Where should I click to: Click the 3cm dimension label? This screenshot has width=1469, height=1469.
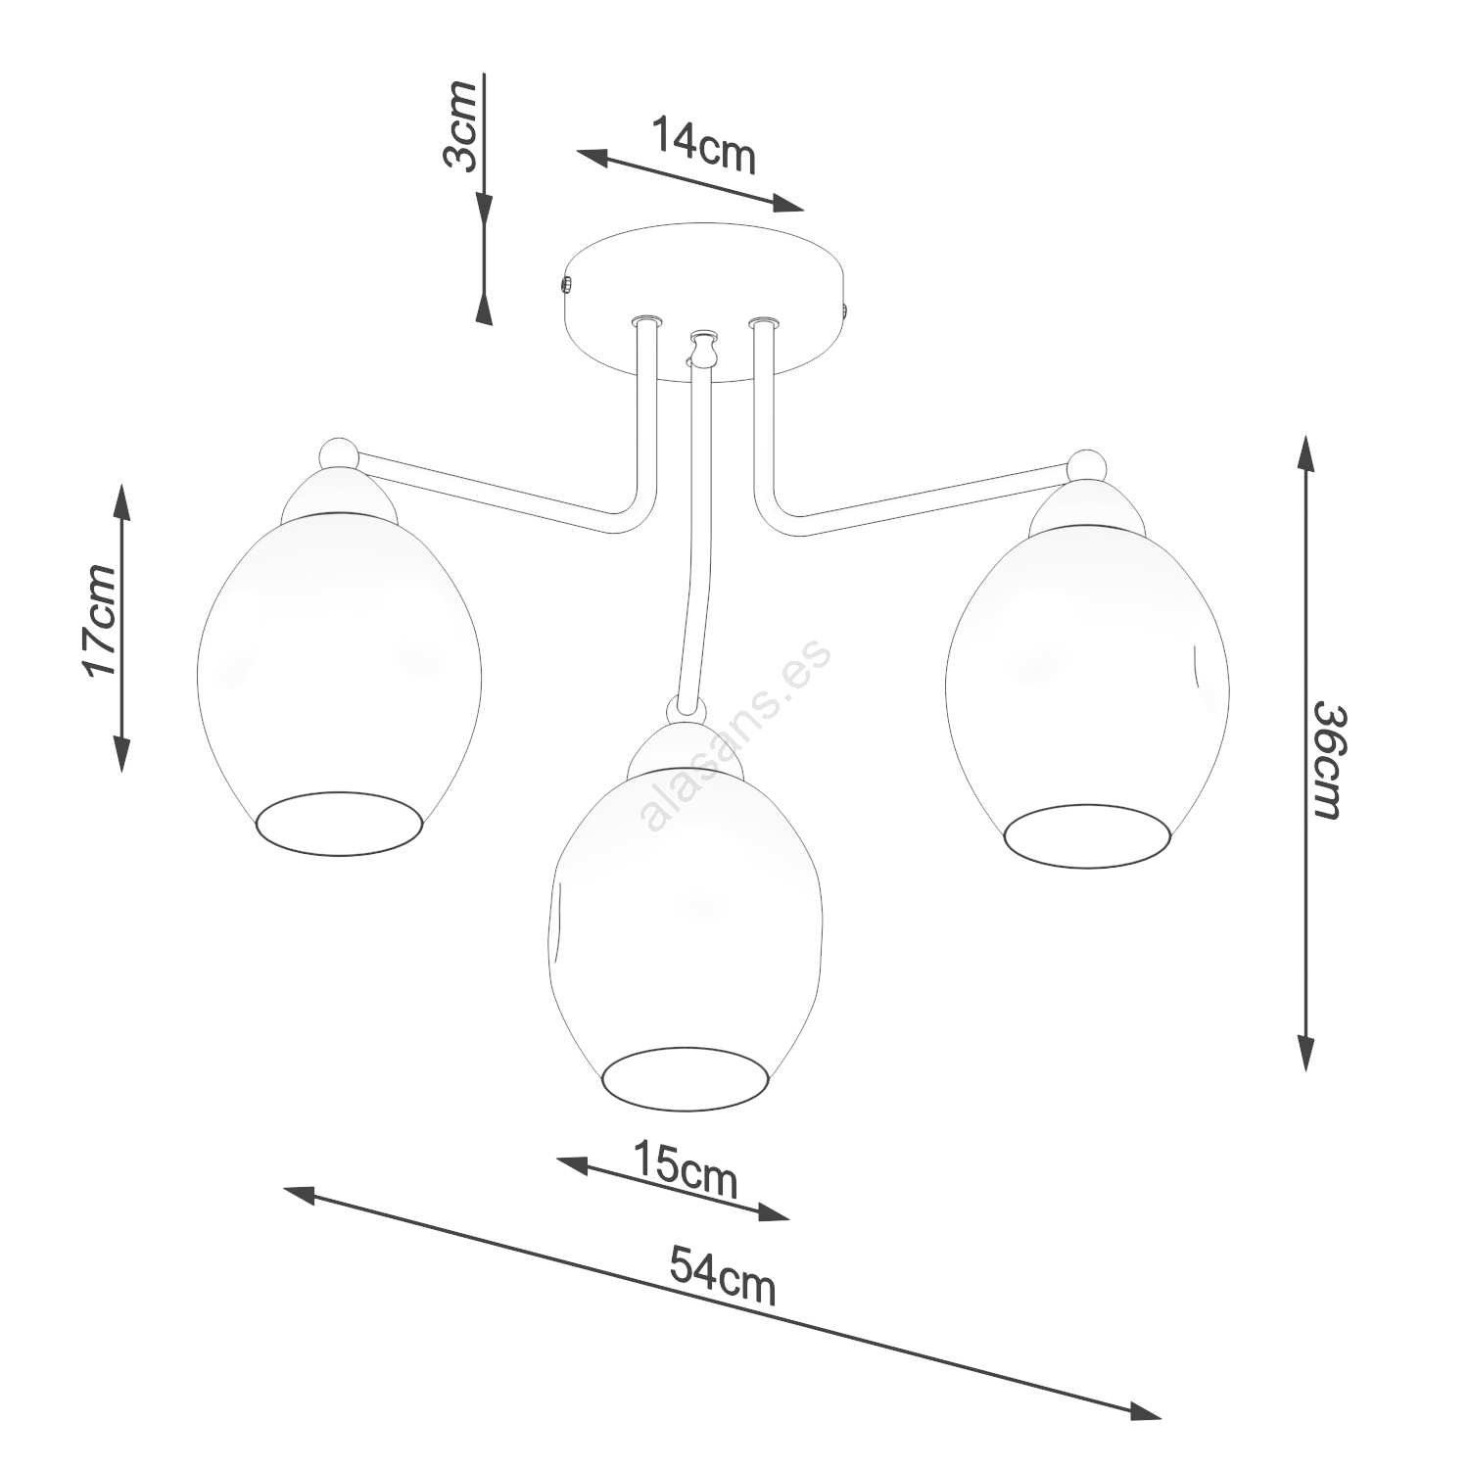coord(460,126)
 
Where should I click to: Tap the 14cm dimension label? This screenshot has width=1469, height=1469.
coord(704,145)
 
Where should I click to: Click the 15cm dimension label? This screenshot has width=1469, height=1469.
coord(685,1168)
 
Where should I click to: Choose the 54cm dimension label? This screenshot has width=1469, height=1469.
coord(723,1274)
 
